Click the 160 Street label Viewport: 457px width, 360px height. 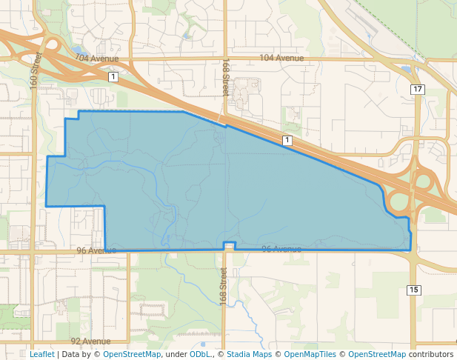tap(34, 70)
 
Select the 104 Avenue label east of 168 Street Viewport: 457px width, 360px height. tap(281, 58)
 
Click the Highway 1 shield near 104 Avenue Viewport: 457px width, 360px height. tap(112, 76)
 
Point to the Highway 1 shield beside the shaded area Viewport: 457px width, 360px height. tap(287, 140)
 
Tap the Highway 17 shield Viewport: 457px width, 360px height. tap(418, 90)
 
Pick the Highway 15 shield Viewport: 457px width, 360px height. tap(413, 290)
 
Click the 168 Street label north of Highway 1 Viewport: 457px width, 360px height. tap(225, 78)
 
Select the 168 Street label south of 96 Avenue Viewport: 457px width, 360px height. tap(223, 283)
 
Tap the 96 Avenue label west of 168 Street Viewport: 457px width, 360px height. tap(96, 251)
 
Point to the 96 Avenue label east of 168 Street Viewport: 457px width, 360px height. tap(281, 249)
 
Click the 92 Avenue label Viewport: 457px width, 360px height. tap(90, 341)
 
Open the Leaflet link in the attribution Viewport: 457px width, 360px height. tap(41, 354)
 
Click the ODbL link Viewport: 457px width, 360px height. tap(200, 354)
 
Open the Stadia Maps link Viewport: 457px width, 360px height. tap(249, 354)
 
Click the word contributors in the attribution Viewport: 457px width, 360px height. tap(431, 354)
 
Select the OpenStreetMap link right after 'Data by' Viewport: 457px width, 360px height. tap(132, 354)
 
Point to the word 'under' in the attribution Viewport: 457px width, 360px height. tap(176, 354)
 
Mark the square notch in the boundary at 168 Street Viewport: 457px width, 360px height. tap(230, 246)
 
